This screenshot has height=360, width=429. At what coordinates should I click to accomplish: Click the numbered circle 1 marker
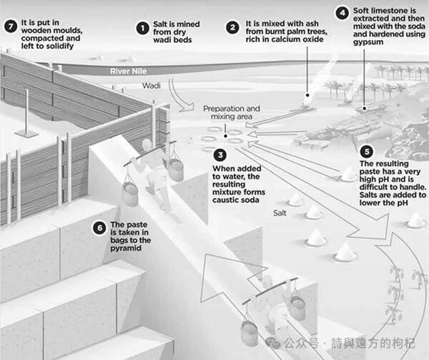143,28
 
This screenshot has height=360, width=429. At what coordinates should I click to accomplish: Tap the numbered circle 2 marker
233,28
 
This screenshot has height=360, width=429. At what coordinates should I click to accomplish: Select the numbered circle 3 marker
220,155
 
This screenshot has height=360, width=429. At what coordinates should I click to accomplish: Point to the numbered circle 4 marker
342,12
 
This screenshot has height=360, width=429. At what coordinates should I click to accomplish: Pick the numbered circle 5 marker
367,152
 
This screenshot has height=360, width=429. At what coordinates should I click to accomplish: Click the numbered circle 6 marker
100,228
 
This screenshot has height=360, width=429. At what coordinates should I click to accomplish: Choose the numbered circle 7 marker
11,26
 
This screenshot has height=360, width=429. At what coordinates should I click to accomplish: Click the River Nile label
128,71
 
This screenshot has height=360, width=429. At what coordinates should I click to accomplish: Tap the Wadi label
151,86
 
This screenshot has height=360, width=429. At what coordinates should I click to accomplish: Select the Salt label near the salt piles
279,213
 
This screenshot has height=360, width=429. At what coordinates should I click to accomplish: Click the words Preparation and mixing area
232,112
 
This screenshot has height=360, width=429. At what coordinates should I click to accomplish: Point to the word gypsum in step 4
368,42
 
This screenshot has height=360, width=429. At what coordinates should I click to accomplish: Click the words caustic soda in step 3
235,200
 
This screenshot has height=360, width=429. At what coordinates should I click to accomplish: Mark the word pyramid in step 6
126,248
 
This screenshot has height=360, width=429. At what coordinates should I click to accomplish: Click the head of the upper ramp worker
147,144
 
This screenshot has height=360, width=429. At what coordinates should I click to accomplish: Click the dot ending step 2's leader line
307,95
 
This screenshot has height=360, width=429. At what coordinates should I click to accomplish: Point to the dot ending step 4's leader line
365,109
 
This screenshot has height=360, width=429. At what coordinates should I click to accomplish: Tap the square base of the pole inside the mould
27,134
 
